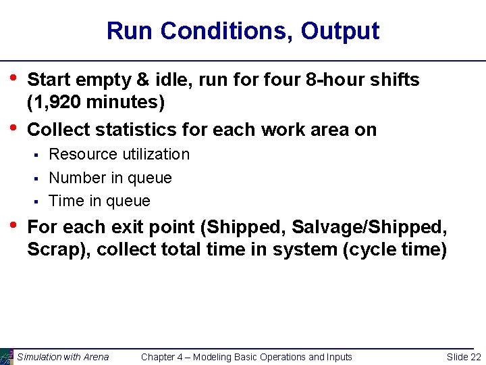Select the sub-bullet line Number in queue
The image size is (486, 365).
[x=111, y=178]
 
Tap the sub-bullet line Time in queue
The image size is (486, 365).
[x=100, y=201]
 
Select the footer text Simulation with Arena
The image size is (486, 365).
[x=63, y=357]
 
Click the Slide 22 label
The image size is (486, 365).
[x=464, y=357]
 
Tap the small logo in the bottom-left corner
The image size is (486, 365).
[x=6, y=357]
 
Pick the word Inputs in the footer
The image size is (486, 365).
[x=337, y=357]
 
